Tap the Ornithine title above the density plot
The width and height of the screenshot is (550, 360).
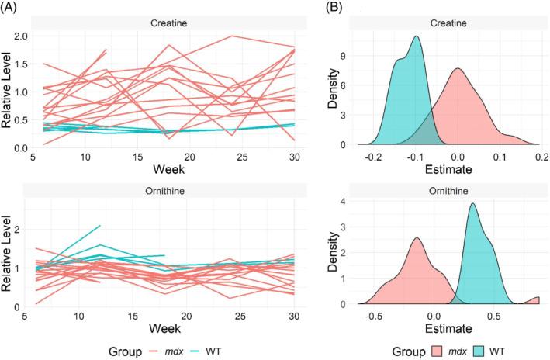pos(457,186)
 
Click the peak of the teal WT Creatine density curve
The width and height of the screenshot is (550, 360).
pos(417,36)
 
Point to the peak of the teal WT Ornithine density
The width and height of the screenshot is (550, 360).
pos(472,204)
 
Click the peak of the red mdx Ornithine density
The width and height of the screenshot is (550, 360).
pos(417,238)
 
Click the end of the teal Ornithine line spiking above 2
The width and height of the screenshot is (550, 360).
pos(100,226)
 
